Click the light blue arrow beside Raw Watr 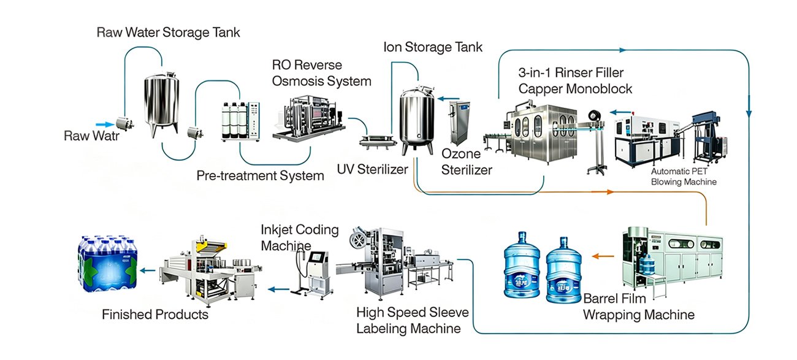(105, 124)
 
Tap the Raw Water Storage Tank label (169, 33)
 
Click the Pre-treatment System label (260, 175)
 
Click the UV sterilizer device (377, 142)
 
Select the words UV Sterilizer (372, 169)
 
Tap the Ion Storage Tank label (433, 47)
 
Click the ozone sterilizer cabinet (459, 123)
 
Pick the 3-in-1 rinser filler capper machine (543, 134)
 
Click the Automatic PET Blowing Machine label (684, 177)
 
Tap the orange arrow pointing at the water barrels (603, 256)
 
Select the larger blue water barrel (522, 265)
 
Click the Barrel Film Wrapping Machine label (639, 307)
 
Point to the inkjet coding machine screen (318, 257)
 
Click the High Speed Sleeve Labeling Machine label (413, 320)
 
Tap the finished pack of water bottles (107, 264)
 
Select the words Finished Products (155, 315)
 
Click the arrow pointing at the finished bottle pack (148, 270)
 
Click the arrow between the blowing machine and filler (620, 112)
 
